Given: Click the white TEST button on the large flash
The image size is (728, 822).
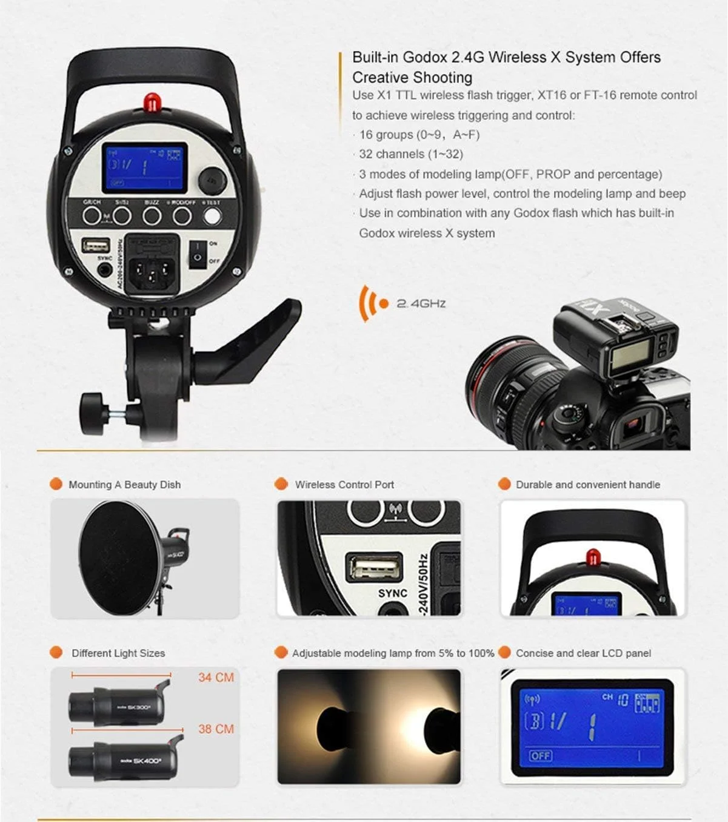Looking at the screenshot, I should coord(212,216).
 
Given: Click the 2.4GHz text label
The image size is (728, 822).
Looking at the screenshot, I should coord(421,303).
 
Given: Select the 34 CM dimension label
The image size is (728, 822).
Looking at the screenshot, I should coord(216,678).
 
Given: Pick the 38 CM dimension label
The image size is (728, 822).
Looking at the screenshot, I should coord(216,729).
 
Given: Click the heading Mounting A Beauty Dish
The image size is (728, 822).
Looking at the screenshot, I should coord(124,485).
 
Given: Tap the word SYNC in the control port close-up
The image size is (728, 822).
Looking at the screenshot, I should coord(392,593).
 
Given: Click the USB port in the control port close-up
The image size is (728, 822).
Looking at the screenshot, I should coord(374,568).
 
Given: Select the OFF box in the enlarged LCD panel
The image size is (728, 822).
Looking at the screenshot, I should coord(540,756).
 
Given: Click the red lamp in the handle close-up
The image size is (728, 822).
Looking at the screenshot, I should coord(592,556).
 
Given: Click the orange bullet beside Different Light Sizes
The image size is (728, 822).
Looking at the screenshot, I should coord(56,653).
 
